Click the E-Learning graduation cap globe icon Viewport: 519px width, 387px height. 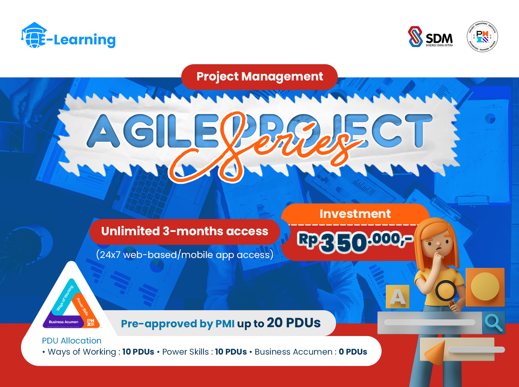pyautogui.click(x=34, y=36)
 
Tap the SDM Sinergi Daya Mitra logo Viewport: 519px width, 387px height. pyautogui.click(x=430, y=37)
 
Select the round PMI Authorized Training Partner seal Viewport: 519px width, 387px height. pyautogui.click(x=482, y=37)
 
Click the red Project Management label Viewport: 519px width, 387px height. pyautogui.click(x=259, y=77)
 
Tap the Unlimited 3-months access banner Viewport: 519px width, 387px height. pyautogui.click(x=185, y=231)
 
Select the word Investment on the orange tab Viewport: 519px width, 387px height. pyautogui.click(x=355, y=214)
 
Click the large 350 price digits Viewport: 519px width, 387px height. pyautogui.click(x=344, y=243)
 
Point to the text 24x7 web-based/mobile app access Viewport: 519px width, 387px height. pyautogui.click(x=185, y=255)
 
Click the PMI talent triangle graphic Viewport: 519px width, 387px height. pyautogui.click(x=71, y=303)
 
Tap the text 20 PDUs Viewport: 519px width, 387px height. pyautogui.click(x=294, y=323)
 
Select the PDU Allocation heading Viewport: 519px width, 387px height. pyautogui.click(x=72, y=341)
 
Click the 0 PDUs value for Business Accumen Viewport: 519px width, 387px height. pyautogui.click(x=353, y=352)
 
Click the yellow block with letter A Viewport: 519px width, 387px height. pyautogui.click(x=398, y=296)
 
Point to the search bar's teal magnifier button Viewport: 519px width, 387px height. pyautogui.click(x=493, y=322)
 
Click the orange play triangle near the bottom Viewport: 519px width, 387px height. pyautogui.click(x=435, y=352)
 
